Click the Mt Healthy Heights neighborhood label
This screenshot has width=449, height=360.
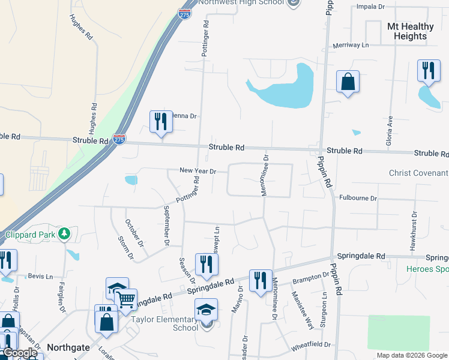[x=411, y=31]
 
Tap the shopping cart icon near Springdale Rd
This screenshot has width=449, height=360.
[x=126, y=298]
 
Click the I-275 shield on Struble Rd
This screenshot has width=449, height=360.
[x=119, y=139]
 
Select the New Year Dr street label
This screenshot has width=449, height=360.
[x=197, y=171]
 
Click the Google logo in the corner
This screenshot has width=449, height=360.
[x=20, y=353]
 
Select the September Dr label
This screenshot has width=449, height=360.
[x=166, y=226]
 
